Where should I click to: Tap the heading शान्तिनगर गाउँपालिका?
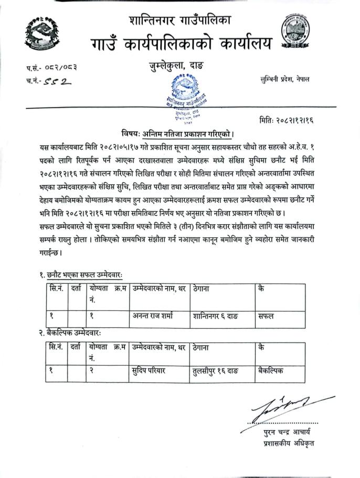tap(179, 21)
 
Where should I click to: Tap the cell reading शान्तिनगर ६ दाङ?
tap(216, 316)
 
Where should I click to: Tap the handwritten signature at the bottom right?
tap(288, 404)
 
